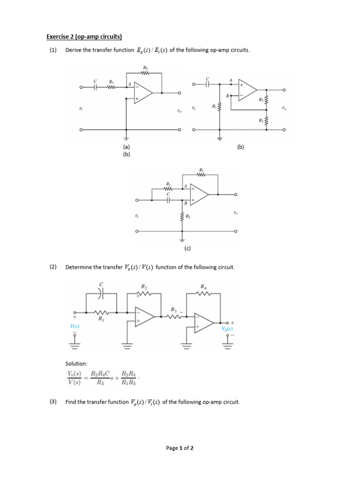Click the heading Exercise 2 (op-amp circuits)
(x=84, y=37)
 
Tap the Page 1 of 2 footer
(x=180, y=448)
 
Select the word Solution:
(x=76, y=363)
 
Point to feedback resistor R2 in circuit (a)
(x=144, y=73)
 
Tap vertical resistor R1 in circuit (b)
(x=219, y=107)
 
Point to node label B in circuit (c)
(x=185, y=203)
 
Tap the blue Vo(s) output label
(x=228, y=329)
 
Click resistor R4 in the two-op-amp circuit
(x=202, y=294)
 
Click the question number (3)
(x=53, y=402)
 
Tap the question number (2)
(x=53, y=267)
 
